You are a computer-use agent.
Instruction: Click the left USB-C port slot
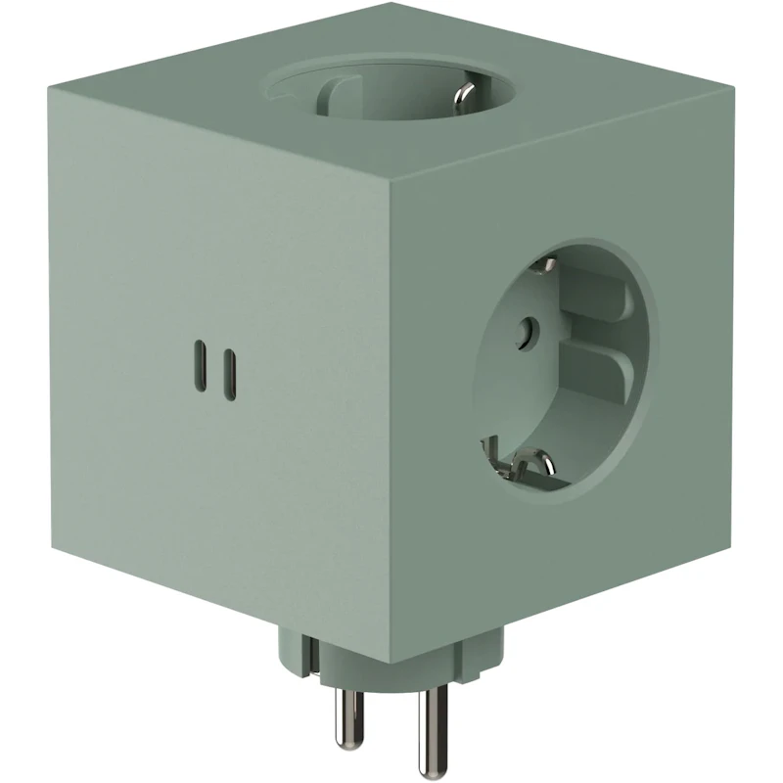[202, 365]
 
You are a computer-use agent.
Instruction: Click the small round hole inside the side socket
[530, 330]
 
